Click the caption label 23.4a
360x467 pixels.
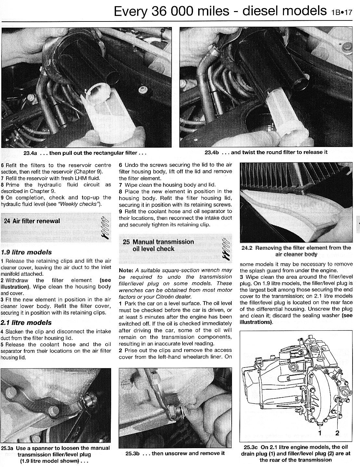tap(32, 153)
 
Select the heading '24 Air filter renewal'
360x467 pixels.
tap(32, 221)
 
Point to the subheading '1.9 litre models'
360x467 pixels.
tap(26, 252)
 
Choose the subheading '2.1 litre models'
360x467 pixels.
tap(26, 323)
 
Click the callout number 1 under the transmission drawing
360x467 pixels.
tap(320, 433)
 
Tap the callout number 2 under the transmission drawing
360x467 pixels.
tap(337, 433)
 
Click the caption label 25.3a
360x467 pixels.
tap(7, 448)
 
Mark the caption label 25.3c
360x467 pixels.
tap(250, 447)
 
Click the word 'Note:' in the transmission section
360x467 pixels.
tap(126, 270)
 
